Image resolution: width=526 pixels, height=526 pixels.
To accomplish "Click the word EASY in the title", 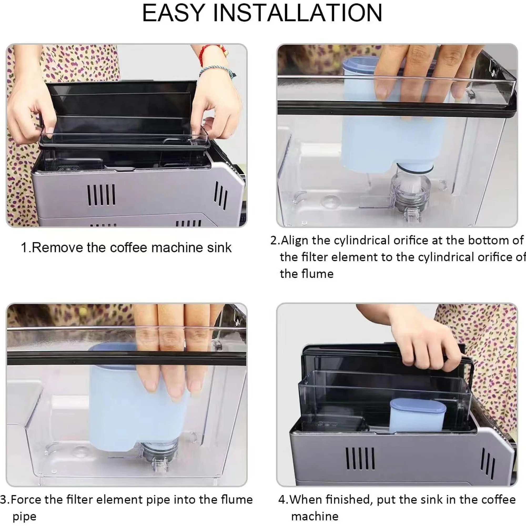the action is coord(173,13).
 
